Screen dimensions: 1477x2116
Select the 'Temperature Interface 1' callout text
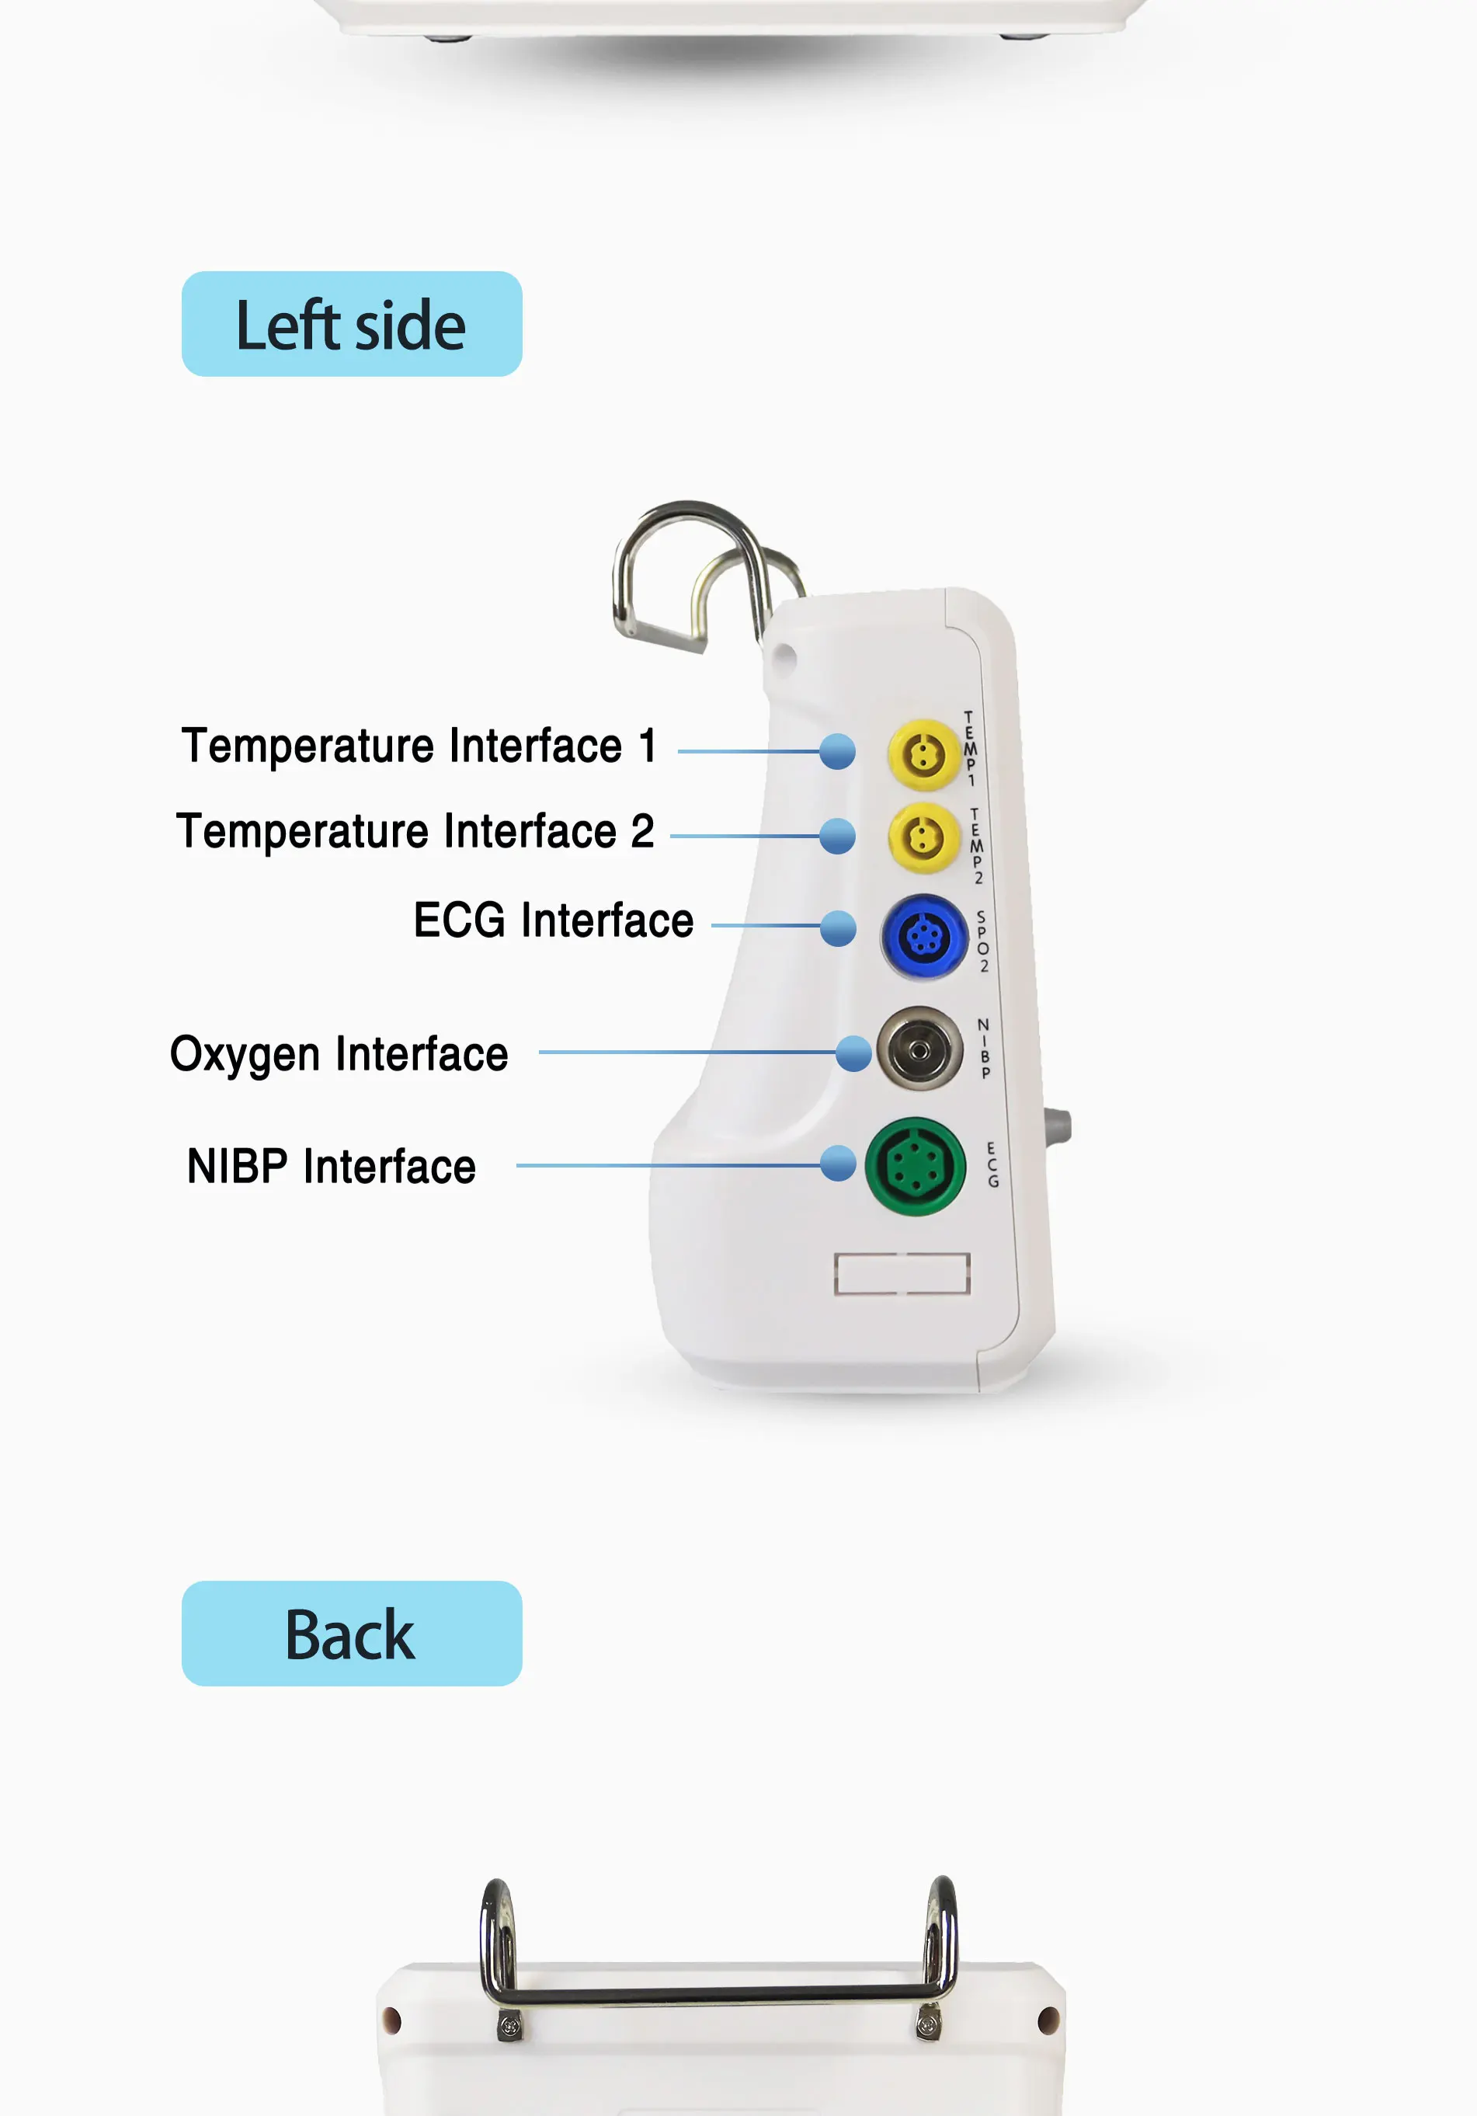tap(419, 746)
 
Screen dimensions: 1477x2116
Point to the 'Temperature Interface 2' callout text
tap(415, 831)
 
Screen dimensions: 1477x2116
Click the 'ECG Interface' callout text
tap(553, 921)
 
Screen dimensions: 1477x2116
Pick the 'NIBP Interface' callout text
tap(331, 1167)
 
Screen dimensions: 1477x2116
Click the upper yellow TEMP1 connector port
tap(923, 755)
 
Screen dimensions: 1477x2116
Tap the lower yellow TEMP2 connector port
tap(923, 837)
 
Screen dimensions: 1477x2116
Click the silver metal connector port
tap(919, 1049)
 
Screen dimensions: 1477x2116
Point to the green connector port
tap(914, 1167)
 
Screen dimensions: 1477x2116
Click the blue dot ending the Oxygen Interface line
tap(853, 1053)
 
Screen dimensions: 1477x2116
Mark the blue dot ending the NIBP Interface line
tap(838, 1163)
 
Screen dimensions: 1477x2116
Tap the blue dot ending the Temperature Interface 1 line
tap(836, 751)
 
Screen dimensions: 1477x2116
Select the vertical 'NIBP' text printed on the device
tap(984, 1049)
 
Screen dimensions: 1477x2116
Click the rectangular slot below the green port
tap(901, 1274)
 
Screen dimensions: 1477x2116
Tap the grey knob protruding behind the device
tap(1058, 1126)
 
